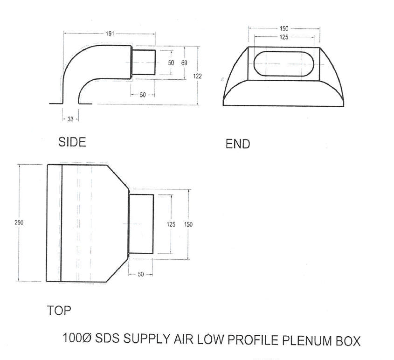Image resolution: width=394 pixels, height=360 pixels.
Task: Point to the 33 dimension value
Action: (70, 119)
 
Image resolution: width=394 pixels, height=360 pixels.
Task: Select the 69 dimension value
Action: (184, 62)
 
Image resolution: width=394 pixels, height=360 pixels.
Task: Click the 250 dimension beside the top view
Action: (19, 223)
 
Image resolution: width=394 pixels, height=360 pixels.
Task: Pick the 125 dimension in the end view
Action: (283, 37)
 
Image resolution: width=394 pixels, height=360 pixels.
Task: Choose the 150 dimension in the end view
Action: (283, 28)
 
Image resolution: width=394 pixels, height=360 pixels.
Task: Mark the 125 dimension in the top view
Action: (171, 224)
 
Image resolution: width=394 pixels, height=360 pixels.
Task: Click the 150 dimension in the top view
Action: (188, 224)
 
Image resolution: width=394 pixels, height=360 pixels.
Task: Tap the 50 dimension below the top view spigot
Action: (141, 274)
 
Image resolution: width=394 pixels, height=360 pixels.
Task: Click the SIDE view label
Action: (72, 142)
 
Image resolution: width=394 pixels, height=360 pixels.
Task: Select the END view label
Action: (238, 144)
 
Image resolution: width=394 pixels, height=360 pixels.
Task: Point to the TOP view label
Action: (59, 311)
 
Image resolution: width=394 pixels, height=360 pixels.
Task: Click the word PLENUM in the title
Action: (305, 340)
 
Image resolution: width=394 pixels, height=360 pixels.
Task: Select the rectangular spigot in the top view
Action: (141, 224)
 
